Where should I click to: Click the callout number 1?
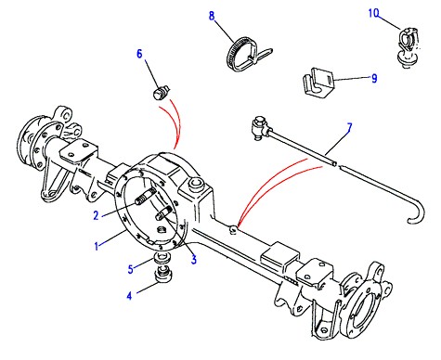[97, 246]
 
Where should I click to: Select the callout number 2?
[96, 215]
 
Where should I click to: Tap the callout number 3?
[194, 260]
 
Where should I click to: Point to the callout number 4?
[129, 296]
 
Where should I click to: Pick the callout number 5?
[131, 269]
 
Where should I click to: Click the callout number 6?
[139, 54]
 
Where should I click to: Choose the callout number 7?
[349, 128]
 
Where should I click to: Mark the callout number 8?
[212, 16]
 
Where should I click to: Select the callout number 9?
[374, 78]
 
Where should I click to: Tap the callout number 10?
[373, 13]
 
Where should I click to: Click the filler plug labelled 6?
[162, 92]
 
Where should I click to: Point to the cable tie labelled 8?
[248, 54]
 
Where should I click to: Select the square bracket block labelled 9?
[318, 82]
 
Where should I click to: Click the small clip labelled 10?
[408, 47]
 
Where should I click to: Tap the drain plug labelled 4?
[162, 274]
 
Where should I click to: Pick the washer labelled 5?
[162, 258]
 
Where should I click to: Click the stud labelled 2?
[146, 197]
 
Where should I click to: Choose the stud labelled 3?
[164, 213]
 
